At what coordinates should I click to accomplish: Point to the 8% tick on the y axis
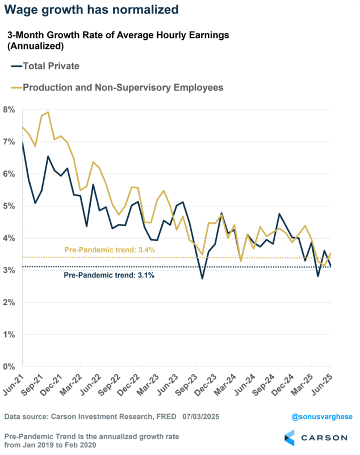click(x=9, y=110)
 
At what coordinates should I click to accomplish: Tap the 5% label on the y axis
click(x=9, y=206)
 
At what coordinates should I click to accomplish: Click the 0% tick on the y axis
click(x=9, y=367)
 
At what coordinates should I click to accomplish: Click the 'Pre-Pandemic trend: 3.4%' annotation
click(x=109, y=250)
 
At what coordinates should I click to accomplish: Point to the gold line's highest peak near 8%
click(x=48, y=112)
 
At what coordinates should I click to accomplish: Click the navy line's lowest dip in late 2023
click(x=202, y=278)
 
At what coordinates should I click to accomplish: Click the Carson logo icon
click(x=290, y=438)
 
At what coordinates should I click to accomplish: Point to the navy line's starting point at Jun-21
click(x=23, y=143)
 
